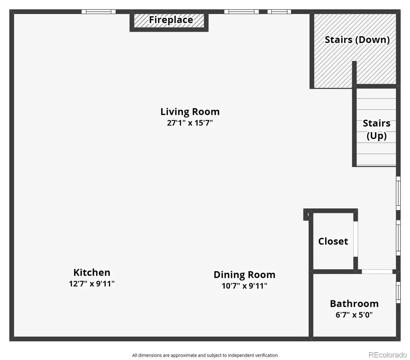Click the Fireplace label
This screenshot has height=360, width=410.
coord(171,20)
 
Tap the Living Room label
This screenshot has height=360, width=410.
coord(190,112)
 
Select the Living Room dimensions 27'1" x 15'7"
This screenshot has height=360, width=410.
coord(190,123)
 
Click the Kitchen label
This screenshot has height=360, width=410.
coord(92,272)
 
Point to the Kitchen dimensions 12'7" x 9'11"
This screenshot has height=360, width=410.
coord(92,284)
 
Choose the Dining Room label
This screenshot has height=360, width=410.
coord(245,275)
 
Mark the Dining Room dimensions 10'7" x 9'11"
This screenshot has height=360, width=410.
coord(245,286)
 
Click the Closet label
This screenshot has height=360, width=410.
coord(333,241)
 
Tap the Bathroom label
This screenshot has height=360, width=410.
coord(354,304)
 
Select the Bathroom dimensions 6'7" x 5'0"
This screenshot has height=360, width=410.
coord(354,315)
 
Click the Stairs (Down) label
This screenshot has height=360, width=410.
coord(357,40)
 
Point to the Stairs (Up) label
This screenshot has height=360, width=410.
coord(376,129)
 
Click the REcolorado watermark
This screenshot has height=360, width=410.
coord(388,355)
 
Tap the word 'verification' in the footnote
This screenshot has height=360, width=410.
coord(266,355)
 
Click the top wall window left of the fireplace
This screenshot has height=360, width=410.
coord(98,12)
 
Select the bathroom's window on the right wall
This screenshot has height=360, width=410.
coord(398,292)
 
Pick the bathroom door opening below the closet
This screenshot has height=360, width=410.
coord(377,272)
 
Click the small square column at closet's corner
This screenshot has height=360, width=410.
coord(307,215)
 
